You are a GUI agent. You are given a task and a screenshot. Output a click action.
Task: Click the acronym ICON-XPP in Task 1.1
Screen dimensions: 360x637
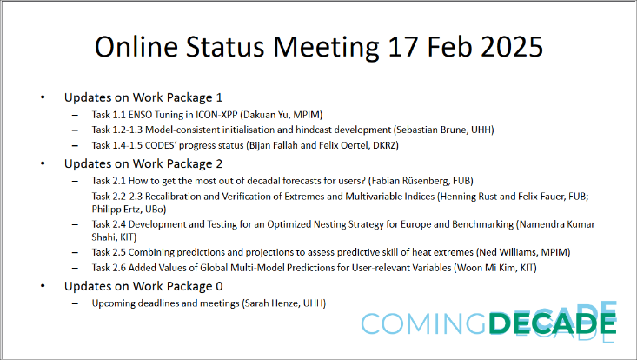[225, 113]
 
